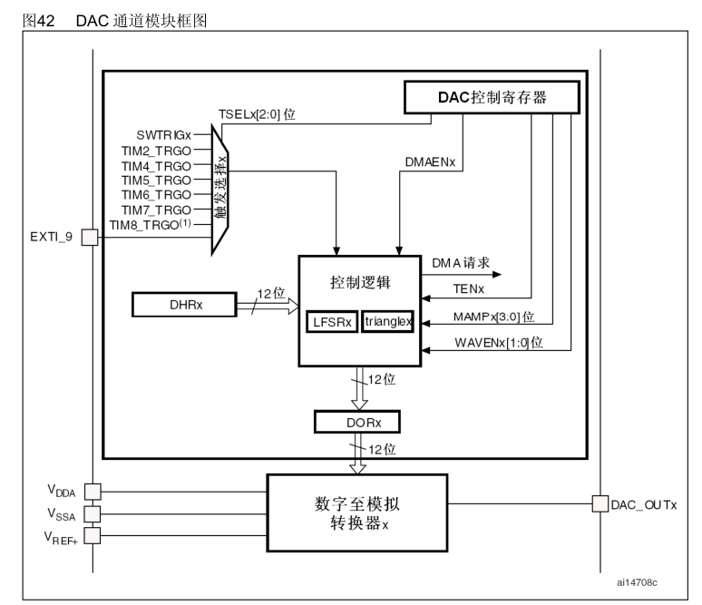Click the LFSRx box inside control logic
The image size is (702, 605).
click(x=332, y=321)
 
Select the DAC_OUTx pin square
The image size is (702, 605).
click(x=599, y=503)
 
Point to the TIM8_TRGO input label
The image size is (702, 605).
click(x=150, y=223)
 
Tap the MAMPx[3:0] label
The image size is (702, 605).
click(x=493, y=317)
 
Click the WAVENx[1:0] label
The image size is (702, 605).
click(x=497, y=342)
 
